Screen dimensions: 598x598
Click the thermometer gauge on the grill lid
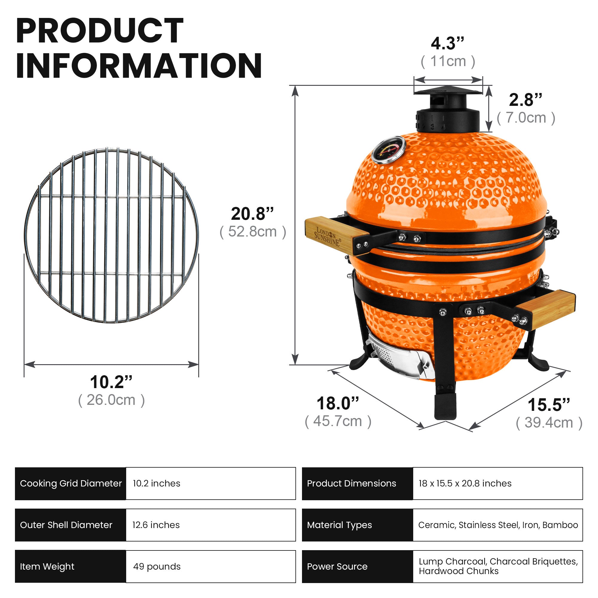pos(388,150)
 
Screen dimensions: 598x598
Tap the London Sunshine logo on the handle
pos(327,237)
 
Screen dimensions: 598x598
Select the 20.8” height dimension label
pos(252,214)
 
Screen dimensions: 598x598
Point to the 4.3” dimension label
pos(447,43)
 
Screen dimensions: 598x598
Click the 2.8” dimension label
pos(525,100)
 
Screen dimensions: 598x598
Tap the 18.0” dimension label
pos(337,403)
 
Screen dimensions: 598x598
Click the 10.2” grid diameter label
pos(111,382)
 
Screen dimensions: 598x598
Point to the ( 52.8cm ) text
pos(253,232)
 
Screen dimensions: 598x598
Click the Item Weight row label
pos(47,566)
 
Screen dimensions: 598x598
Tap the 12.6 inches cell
pos(156,525)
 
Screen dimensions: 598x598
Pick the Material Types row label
pos(339,525)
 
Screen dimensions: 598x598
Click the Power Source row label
pos(337,566)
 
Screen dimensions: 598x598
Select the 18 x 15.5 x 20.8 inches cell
pos(465,483)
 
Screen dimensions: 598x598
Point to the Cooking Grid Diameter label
pos(71,483)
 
